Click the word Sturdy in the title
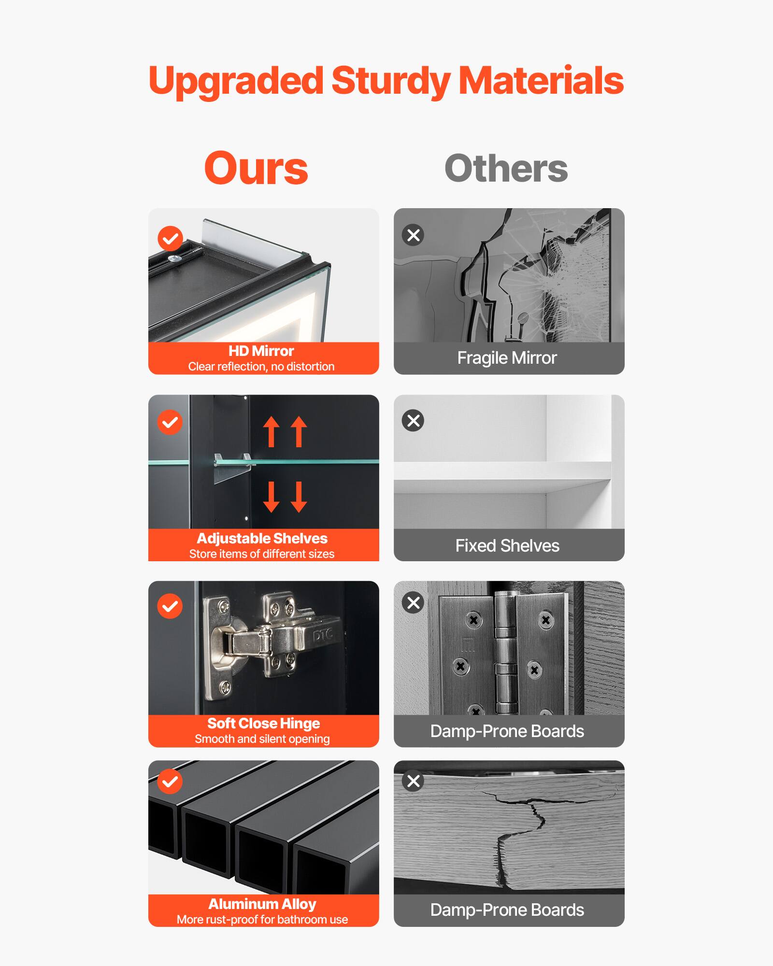pos(391,81)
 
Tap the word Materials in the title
pos(541,81)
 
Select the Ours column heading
pos(256,169)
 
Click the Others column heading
pos(506,169)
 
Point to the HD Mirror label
pos(261,351)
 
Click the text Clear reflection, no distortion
pos(261,367)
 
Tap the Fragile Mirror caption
pos(507,358)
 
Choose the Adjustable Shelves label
pos(262,538)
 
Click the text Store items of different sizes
pos(261,554)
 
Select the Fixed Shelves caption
pos(507,546)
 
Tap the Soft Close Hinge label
pos(263,723)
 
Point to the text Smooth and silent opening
pos(262,739)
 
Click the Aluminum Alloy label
pos(262,904)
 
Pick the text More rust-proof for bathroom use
pos(262,920)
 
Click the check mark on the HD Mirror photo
pos(170,238)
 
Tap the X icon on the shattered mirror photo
pos(413,235)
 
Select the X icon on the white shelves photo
pos(413,421)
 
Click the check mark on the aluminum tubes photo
pos(170,781)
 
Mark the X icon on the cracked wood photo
pos(413,781)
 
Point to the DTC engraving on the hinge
pos(323,636)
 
